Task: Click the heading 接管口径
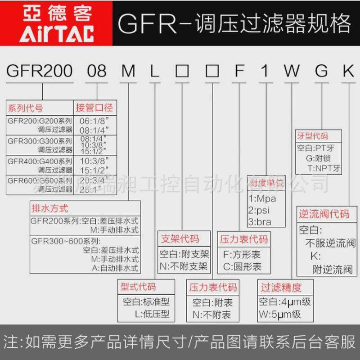tap(94, 108)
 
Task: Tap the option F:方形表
tap(242, 254)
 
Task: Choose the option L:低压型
tap(144, 314)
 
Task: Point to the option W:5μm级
tap(279, 314)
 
